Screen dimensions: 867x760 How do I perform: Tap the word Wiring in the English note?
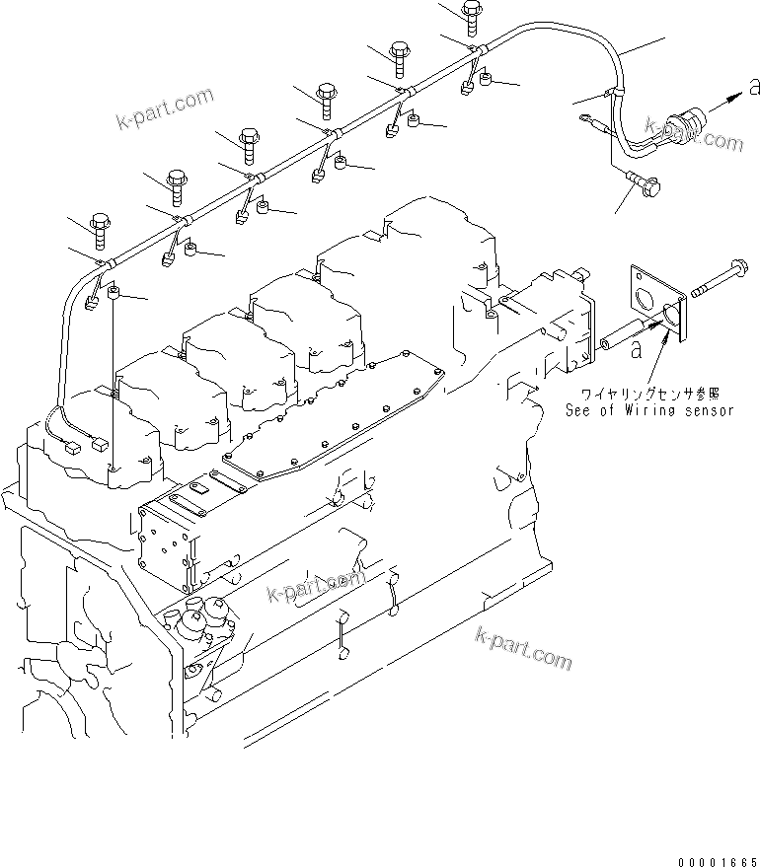pos(653,410)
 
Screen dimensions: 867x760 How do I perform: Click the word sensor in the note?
pos(708,410)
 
